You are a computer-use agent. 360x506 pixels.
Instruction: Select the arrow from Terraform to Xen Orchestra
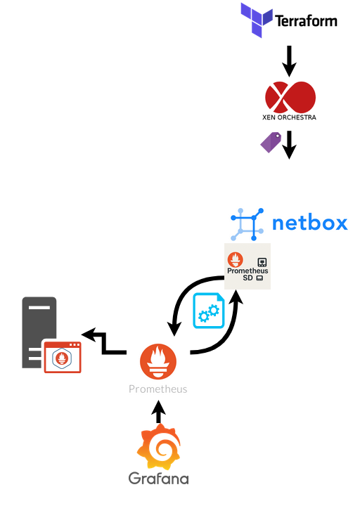[288, 61]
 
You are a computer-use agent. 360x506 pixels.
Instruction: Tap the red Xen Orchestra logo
[289, 96]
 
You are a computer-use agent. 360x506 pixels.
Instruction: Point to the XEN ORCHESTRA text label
[289, 117]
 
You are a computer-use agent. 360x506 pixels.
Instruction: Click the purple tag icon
[271, 142]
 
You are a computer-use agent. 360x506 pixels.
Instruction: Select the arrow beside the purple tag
[288, 143]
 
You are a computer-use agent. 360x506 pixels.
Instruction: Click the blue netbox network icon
[247, 224]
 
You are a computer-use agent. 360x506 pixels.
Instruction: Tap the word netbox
[309, 223]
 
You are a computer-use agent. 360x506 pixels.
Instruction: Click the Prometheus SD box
[247, 266]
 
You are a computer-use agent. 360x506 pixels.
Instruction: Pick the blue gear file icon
[209, 311]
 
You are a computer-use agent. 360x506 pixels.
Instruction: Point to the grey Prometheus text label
[158, 389]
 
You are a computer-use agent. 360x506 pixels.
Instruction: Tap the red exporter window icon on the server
[63, 357]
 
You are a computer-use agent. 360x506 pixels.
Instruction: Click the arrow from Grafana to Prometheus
[158, 412]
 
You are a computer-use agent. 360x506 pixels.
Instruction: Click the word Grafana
[158, 479]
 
